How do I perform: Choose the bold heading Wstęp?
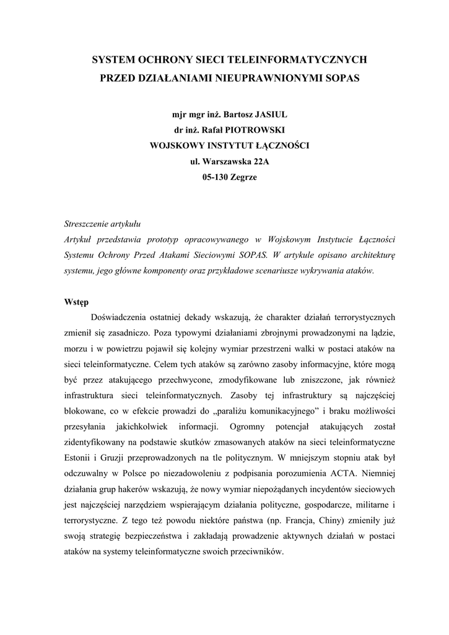pyautogui.click(x=76, y=302)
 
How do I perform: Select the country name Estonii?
pyautogui.click(x=78, y=458)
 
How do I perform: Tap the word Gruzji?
pyautogui.click(x=115, y=458)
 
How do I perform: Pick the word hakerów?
pyautogui.click(x=141, y=489)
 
